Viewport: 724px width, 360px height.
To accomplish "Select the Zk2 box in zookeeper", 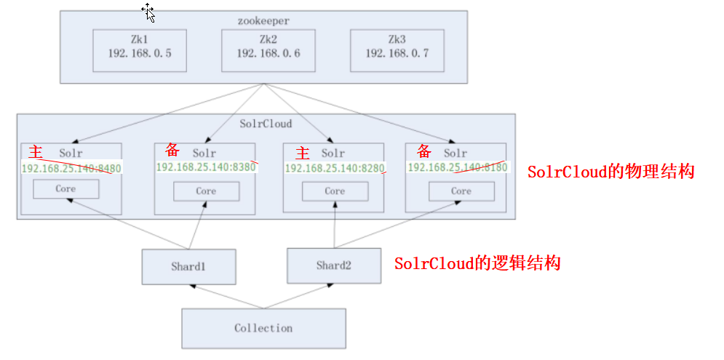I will tap(268, 50).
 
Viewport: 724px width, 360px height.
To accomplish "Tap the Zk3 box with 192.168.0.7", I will tap(397, 50).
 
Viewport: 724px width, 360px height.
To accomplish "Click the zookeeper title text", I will tap(263, 22).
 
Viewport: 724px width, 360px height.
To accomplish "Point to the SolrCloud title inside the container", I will tap(266, 124).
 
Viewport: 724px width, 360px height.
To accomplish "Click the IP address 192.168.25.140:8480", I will tap(71, 168).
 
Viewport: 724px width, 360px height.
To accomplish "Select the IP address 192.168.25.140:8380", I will tap(206, 167).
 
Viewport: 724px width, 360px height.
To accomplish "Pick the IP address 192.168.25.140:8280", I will tap(335, 168).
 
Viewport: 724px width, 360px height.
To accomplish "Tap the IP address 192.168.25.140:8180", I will tap(456, 167).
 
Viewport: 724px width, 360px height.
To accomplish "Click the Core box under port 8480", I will tap(65, 189).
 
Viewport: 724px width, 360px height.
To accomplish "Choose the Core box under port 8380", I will tap(206, 191).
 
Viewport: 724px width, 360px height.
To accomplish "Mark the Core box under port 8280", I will tap(335, 191).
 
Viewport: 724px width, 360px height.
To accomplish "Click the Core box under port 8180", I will tap(461, 191).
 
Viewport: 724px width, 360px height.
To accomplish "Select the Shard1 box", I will tap(189, 266).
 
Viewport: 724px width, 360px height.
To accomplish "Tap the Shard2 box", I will tap(334, 265).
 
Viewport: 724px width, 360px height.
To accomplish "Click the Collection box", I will tap(263, 328).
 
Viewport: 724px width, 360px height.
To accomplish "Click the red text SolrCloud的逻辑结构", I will tap(477, 263).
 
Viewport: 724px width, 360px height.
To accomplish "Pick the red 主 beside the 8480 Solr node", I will tap(35, 152).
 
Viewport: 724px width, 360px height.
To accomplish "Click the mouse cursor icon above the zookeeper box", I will tap(148, 12).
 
